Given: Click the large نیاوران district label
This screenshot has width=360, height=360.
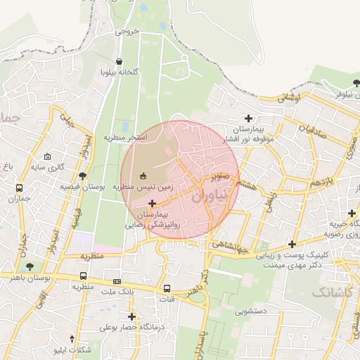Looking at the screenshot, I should click(210, 197).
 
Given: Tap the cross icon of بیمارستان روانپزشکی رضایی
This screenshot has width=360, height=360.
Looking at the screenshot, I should click(153, 203).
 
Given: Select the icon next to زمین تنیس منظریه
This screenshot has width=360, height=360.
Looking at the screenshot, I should click(143, 176).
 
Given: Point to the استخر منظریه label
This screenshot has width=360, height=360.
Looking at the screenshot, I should click(126, 137).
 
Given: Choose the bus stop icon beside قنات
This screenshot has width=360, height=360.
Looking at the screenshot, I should click(167, 288).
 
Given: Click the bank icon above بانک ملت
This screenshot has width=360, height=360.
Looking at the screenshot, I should click(117, 281).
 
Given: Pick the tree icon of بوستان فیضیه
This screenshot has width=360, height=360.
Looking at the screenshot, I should click(82, 176).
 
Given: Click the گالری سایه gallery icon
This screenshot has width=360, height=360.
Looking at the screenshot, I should click(47, 157).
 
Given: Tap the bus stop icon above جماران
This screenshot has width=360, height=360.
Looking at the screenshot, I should click(19, 188).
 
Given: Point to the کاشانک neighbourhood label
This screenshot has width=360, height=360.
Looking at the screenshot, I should click(325, 290).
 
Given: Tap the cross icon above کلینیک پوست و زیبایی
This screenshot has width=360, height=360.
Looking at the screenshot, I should click(292, 244).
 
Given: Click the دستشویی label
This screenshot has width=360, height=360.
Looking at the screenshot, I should click(251, 310).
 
